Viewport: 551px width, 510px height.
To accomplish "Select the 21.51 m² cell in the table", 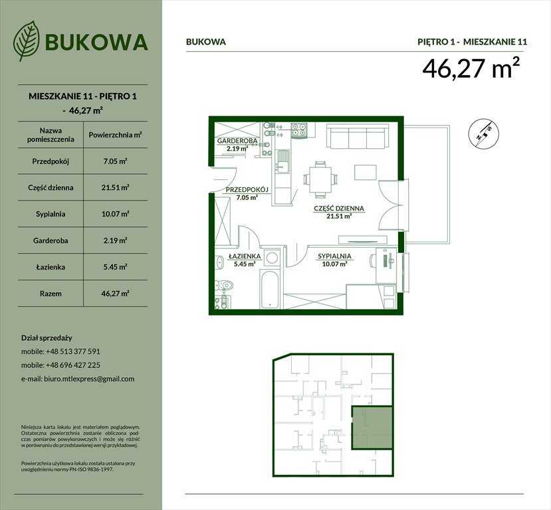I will coord(115,188).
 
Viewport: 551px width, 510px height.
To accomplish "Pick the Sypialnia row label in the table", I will coord(46,214).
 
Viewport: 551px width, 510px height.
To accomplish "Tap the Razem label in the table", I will coord(46,293).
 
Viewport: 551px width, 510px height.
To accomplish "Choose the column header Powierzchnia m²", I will coord(115,135).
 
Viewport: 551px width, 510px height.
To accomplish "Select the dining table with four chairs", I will coord(320,178).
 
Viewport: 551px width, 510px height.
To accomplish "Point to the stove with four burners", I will coord(298,129).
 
